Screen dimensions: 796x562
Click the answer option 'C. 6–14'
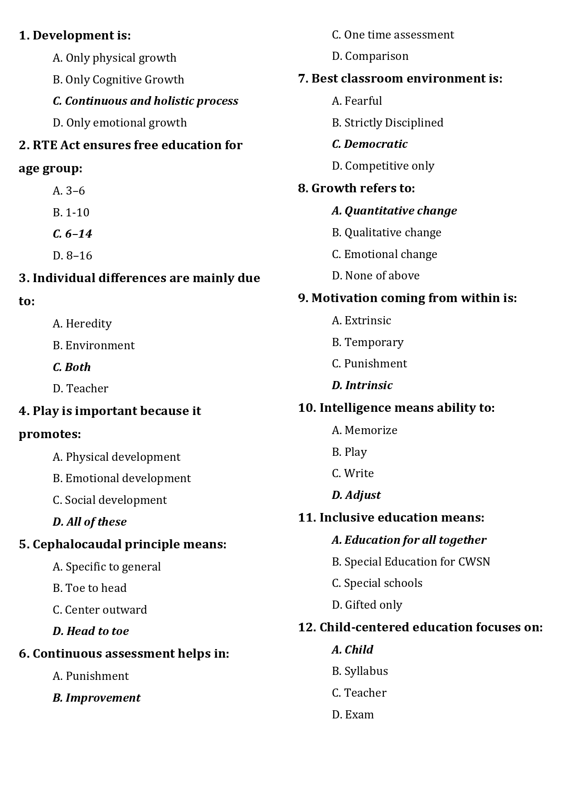pyautogui.click(x=73, y=234)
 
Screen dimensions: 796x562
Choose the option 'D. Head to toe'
pyautogui.click(x=91, y=631)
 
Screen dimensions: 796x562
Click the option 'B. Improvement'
pyautogui.click(x=97, y=698)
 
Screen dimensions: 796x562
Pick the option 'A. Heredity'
pyautogui.click(x=82, y=324)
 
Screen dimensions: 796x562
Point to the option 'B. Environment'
pyautogui.click(x=94, y=346)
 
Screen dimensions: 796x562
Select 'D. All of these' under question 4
pyautogui.click(x=90, y=522)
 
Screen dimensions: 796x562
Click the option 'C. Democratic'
pyautogui.click(x=370, y=144)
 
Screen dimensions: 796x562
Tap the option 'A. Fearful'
pyautogui.click(x=357, y=101)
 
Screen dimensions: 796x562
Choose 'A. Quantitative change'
pyautogui.click(x=394, y=211)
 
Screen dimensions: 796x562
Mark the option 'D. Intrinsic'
pyautogui.click(x=362, y=386)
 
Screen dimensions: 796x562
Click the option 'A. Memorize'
pyautogui.click(x=365, y=430)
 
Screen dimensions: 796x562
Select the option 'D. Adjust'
pyautogui.click(x=356, y=495)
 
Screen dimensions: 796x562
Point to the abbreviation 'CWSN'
pyautogui.click(x=474, y=562)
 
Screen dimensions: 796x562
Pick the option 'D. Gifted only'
pyautogui.click(x=367, y=605)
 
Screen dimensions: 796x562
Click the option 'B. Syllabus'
pyautogui.click(x=360, y=671)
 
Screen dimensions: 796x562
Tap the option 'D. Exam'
pyautogui.click(x=353, y=715)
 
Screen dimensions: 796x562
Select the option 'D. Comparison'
pyautogui.click(x=370, y=56)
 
